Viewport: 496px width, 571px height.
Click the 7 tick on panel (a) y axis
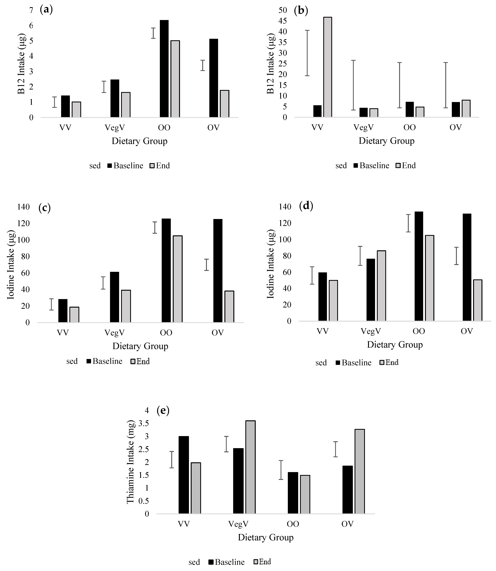pyautogui.click(x=31, y=10)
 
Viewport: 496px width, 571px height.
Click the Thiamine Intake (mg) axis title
pyautogui.click(x=131, y=462)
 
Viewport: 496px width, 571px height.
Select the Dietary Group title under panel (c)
pyautogui.click(x=140, y=346)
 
